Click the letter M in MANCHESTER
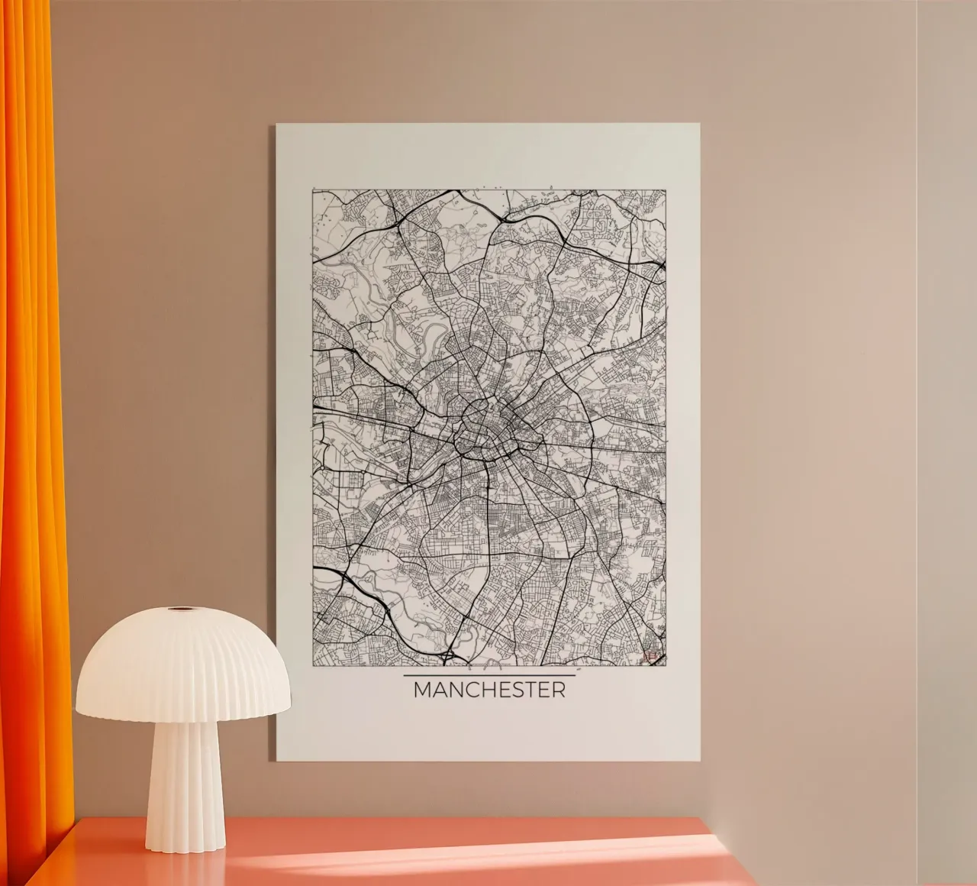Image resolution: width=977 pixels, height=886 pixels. (422, 690)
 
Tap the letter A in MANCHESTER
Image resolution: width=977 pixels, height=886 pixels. (440, 690)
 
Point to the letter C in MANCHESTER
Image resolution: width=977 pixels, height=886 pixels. (474, 690)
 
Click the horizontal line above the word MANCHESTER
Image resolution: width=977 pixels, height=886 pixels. (489, 676)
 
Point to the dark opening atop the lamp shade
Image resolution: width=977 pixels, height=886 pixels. (182, 610)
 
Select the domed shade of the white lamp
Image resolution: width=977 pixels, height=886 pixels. (182, 664)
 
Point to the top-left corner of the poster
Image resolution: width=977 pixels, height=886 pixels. (277, 125)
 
